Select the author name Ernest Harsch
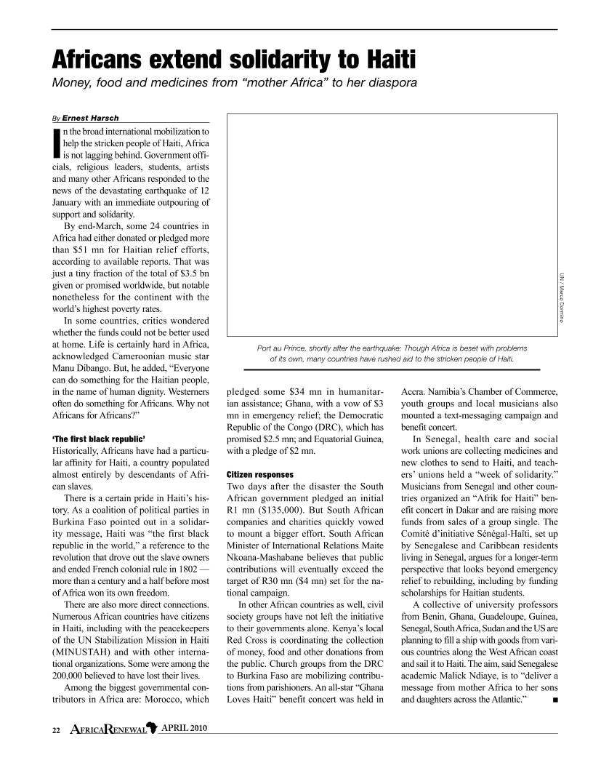[91, 119]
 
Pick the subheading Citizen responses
[259, 473]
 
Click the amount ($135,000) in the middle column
[291, 500]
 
